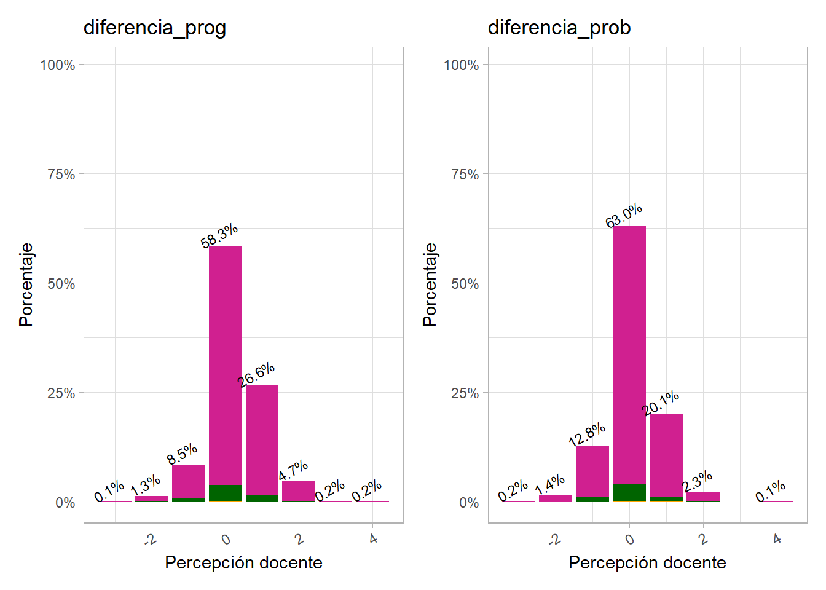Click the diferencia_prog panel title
coord(155,28)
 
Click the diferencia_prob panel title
coord(559,28)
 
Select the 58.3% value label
coord(219,235)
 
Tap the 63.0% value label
coord(624,215)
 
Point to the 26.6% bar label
coord(256,375)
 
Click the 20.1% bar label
coord(661,403)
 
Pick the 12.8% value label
coord(587,435)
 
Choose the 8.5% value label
coord(182,454)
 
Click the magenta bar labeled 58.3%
coord(226,363)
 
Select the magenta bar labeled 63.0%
coord(629,350)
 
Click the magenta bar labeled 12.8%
coord(592,470)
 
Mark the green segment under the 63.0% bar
coord(629,493)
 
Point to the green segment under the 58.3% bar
coord(226,493)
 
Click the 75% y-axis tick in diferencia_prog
coord(61,175)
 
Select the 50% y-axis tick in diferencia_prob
coord(465,284)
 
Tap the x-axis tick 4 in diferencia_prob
coord(777,539)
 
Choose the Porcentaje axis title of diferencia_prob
coord(430,285)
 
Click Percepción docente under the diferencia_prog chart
coord(243,562)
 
